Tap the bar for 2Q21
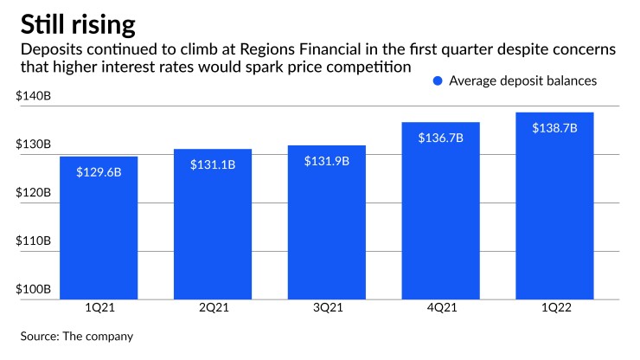click(213, 225)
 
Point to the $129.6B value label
click(99, 172)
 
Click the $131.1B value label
click(213, 165)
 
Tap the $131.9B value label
click(327, 162)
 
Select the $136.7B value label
click(441, 138)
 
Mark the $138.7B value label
click(555, 128)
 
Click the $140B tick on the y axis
click(34, 96)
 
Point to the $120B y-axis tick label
click(34, 193)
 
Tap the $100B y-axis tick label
click(34, 289)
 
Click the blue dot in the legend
click(437, 81)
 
